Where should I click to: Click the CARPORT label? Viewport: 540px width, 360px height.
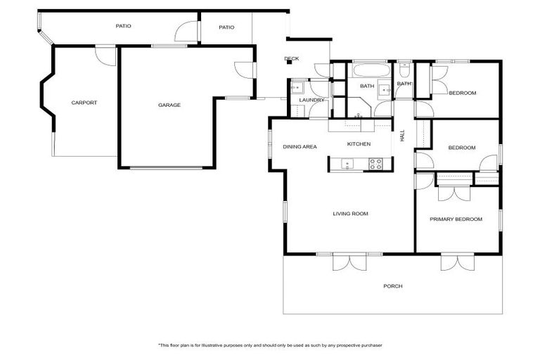(x=84, y=103)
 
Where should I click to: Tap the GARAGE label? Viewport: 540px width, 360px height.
(x=169, y=105)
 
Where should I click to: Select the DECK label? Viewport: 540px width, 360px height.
(x=291, y=59)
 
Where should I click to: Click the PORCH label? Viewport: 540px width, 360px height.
(x=392, y=286)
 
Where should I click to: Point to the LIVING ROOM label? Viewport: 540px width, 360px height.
(x=350, y=214)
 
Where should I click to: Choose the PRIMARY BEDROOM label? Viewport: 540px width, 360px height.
(x=456, y=219)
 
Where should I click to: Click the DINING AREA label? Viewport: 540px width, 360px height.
(x=300, y=147)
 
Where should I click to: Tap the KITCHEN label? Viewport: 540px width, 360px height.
(x=359, y=144)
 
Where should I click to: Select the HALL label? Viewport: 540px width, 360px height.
(x=403, y=136)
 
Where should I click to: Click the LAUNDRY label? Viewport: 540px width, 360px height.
(x=311, y=100)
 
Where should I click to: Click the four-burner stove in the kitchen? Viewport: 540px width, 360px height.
(x=376, y=164)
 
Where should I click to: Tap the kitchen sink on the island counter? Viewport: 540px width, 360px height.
(x=347, y=164)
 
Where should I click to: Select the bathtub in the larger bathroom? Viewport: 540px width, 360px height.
(x=366, y=71)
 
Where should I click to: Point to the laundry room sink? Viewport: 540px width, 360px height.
(x=297, y=88)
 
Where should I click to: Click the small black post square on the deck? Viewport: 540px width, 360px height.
(x=289, y=63)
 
